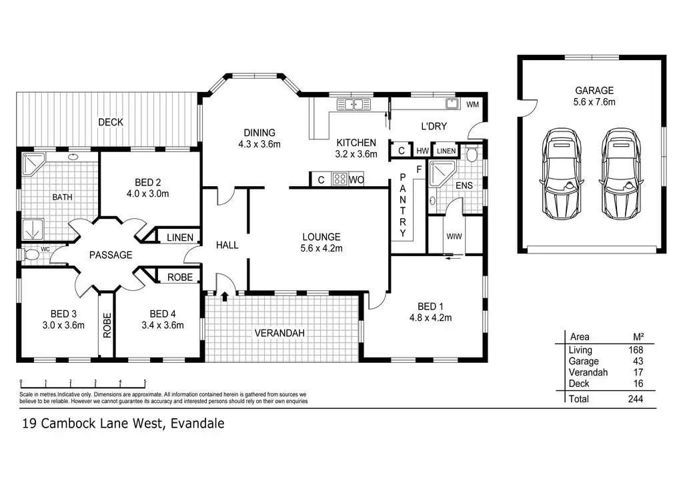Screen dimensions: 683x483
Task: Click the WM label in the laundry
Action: pos(472,105)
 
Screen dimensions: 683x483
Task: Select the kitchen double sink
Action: pos(354,104)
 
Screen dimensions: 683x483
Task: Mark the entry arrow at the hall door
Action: pos(225,296)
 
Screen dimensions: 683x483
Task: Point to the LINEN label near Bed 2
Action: pos(180,237)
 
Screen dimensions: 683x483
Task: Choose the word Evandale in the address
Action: pos(198,423)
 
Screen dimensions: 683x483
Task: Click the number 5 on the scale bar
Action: pos(145,382)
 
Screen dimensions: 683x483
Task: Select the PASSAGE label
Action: pos(111,255)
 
